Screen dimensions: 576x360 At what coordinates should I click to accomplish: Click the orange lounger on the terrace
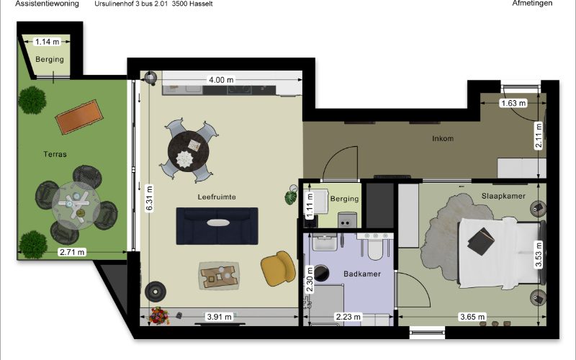pyautogui.click(x=79, y=117)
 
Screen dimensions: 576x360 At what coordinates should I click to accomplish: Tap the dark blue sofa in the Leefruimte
pyautogui.click(x=217, y=226)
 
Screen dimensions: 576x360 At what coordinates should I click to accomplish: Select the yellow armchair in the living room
pyautogui.click(x=278, y=268)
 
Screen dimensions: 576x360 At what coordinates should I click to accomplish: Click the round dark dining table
pyautogui.click(x=189, y=150)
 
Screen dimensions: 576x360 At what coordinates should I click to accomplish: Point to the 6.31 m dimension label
pyautogui.click(x=149, y=199)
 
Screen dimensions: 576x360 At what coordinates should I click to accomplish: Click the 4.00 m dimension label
pyautogui.click(x=221, y=80)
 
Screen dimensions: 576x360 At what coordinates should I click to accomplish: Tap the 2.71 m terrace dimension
pyautogui.click(x=73, y=252)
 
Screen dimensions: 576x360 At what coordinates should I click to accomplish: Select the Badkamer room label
pyautogui.click(x=362, y=274)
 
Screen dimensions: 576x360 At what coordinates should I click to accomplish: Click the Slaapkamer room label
pyautogui.click(x=503, y=196)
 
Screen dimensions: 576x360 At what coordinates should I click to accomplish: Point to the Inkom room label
pyautogui.click(x=443, y=138)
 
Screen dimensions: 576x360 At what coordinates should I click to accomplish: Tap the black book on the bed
pyautogui.click(x=481, y=241)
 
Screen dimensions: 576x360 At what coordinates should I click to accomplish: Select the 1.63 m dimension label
pyautogui.click(x=513, y=103)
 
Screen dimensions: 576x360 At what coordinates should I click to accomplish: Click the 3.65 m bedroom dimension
pyautogui.click(x=472, y=317)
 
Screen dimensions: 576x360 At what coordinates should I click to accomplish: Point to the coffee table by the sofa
pyautogui.click(x=220, y=275)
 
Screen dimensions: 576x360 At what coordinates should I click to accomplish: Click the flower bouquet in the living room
pyautogui.click(x=159, y=316)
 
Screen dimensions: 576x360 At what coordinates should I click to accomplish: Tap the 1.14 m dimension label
pyautogui.click(x=47, y=42)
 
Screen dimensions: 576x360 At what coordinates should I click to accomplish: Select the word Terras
pyautogui.click(x=55, y=154)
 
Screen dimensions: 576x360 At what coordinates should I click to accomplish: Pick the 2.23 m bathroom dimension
pyautogui.click(x=348, y=317)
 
